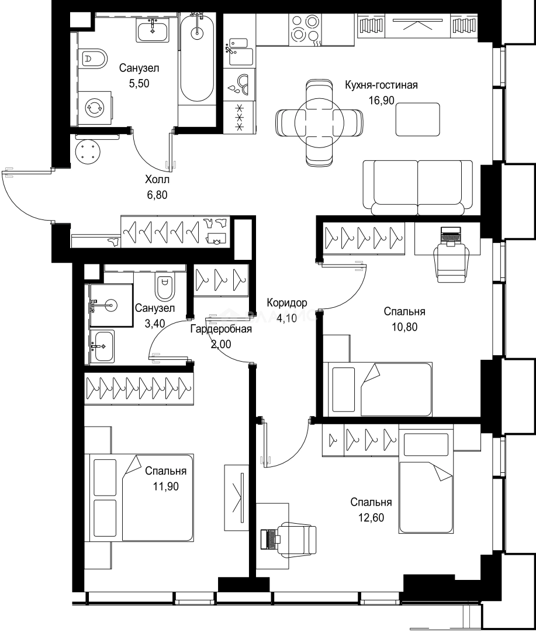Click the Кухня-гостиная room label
pos(381,85)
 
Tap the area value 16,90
pos(381,101)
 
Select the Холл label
pos(157,180)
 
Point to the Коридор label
pos(287,303)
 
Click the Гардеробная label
pos(221,329)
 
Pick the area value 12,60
pos(371,517)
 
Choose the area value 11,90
pos(165,486)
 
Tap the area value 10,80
pos(404,327)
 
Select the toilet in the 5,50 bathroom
pos(94,59)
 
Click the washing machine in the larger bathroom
pos(95,108)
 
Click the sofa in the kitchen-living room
pos(417,188)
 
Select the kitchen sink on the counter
pos(240,53)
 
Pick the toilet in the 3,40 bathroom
pos(165,287)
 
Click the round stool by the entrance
pos(88,152)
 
